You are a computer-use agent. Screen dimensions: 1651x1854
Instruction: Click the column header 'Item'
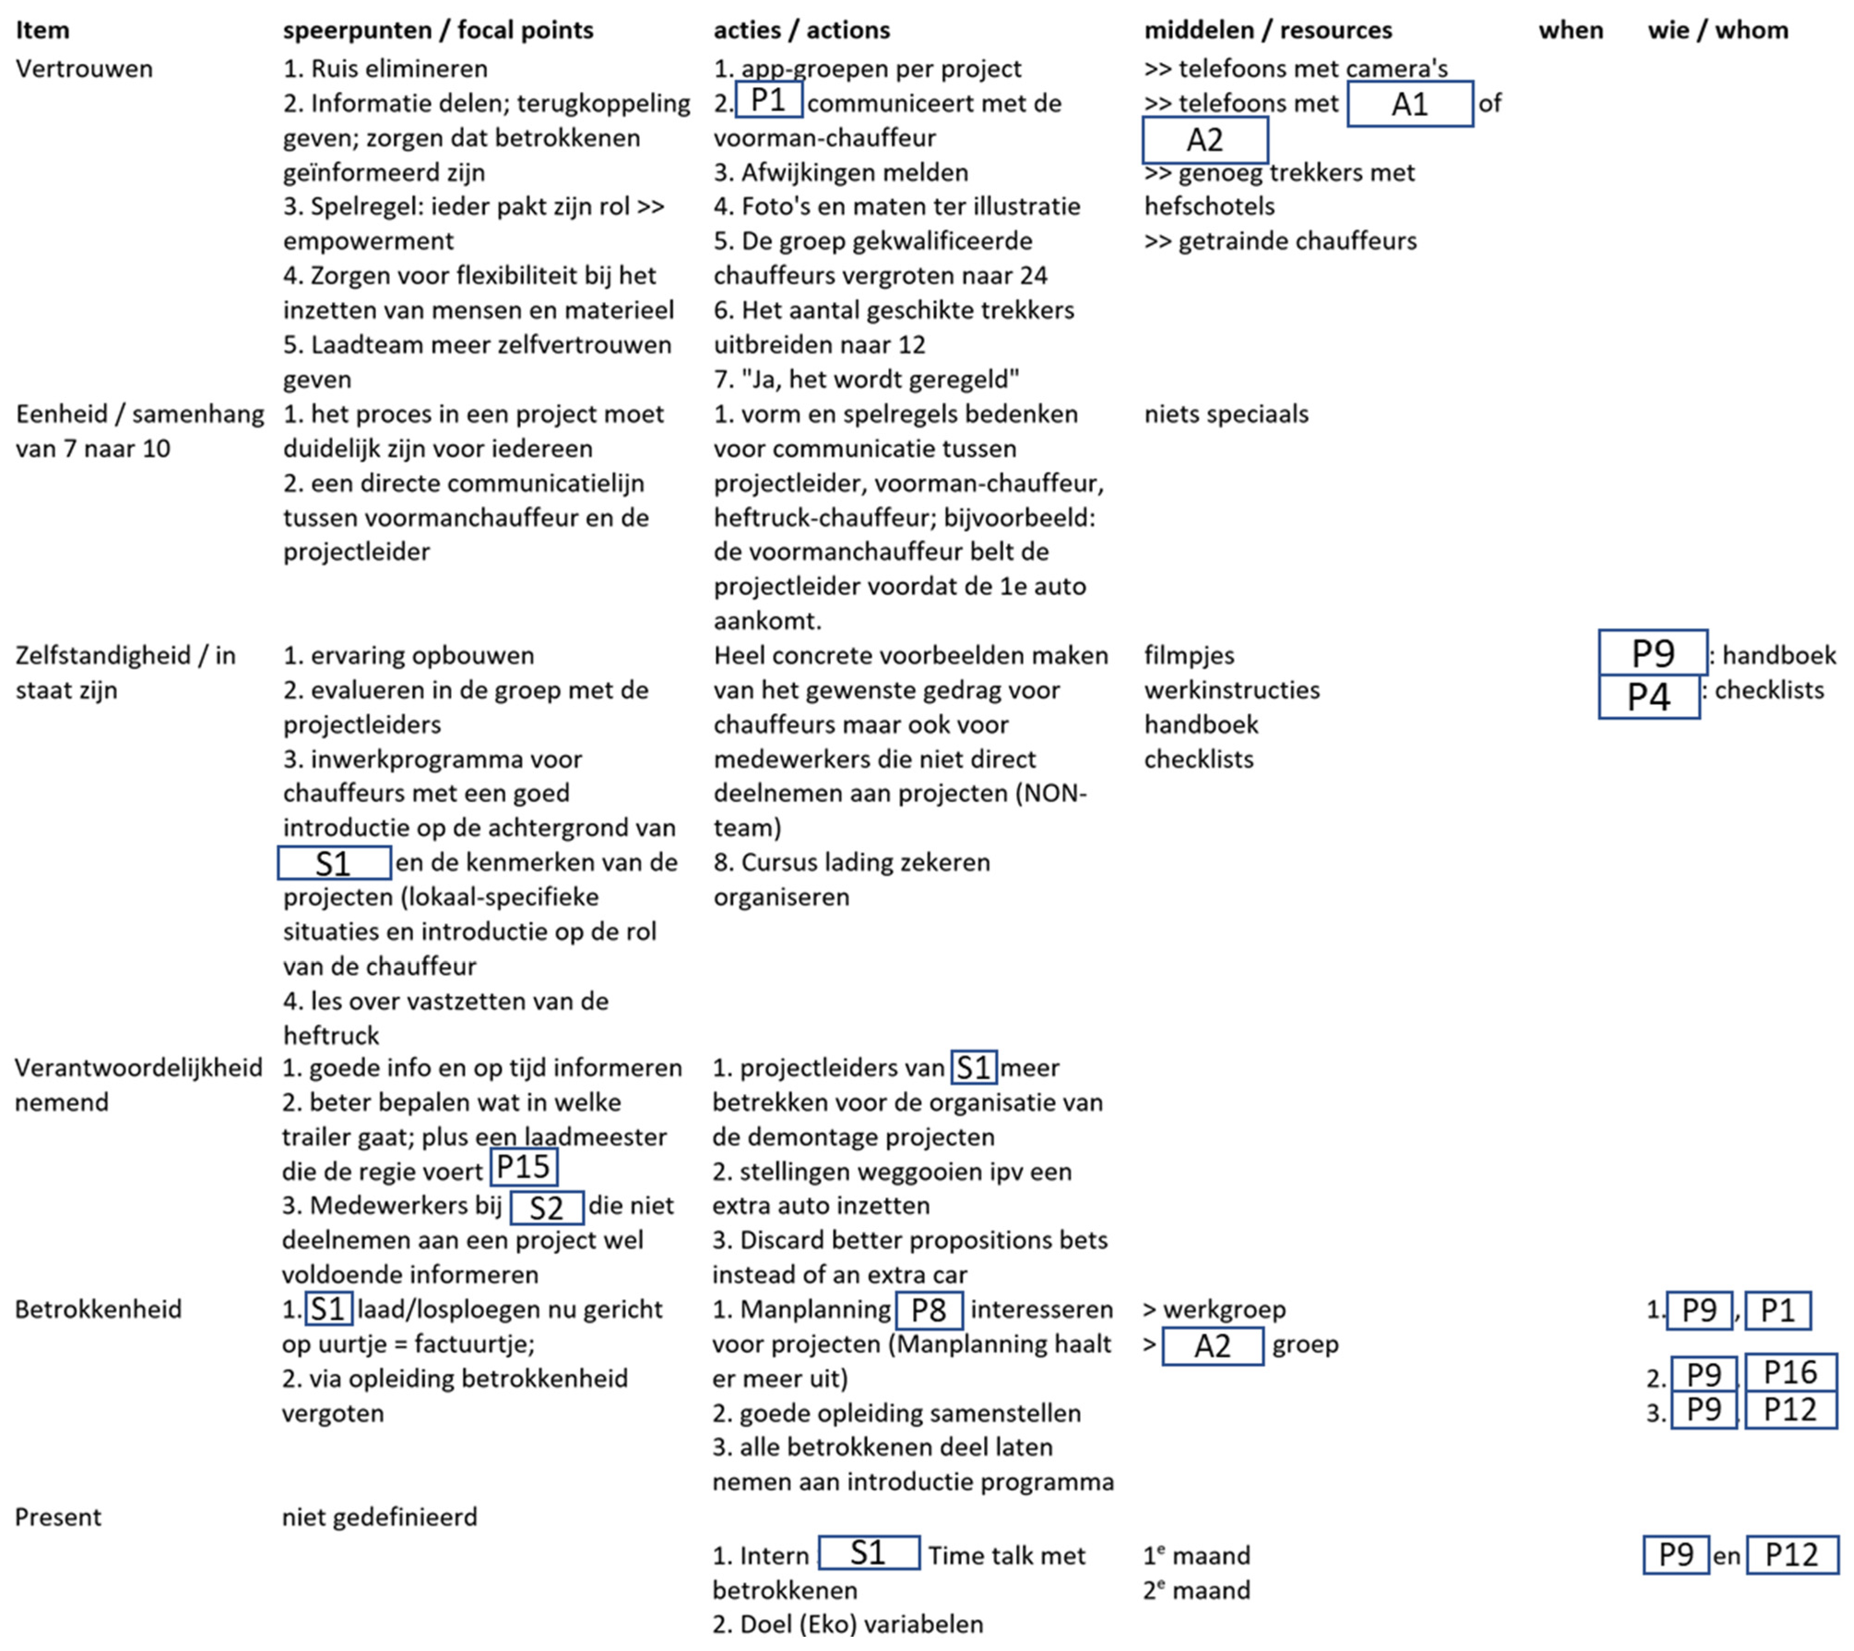tap(43, 30)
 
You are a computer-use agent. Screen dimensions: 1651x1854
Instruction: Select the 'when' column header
tap(1570, 30)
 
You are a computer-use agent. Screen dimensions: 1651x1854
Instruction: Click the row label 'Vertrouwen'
tap(84, 69)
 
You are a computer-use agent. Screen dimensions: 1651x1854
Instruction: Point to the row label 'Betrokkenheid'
tap(98, 1309)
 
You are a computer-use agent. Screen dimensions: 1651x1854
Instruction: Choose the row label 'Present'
tap(58, 1517)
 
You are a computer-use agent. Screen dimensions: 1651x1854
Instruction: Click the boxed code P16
tap(1789, 1373)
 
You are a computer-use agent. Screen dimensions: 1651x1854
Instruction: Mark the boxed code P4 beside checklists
tap(1648, 697)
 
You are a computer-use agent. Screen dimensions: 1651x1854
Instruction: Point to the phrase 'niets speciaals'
tap(1226, 415)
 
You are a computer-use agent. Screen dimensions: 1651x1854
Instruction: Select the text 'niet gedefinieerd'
tap(379, 1517)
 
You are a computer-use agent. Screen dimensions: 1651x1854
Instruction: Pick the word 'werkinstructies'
tap(1232, 690)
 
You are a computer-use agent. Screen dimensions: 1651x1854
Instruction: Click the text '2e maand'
tap(1196, 1590)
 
